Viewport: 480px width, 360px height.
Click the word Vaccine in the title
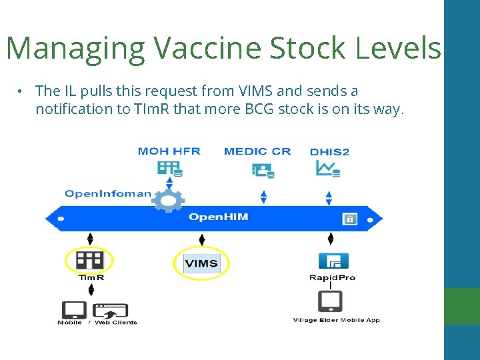click(x=209, y=48)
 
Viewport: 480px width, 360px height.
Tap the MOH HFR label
click(x=169, y=151)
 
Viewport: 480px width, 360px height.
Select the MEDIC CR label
click(x=257, y=151)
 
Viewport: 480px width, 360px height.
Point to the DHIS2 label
click(x=329, y=152)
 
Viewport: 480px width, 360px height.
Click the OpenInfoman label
click(x=108, y=194)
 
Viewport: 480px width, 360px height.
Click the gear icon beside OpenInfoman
click(x=168, y=200)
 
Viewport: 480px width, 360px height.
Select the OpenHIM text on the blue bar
click(x=218, y=217)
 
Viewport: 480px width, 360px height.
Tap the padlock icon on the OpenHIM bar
click(x=349, y=219)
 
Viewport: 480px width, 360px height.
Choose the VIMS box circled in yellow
click(x=201, y=263)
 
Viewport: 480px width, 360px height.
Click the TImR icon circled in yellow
click(x=89, y=259)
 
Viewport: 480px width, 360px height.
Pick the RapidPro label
click(x=332, y=278)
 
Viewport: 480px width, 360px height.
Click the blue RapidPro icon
click(x=333, y=261)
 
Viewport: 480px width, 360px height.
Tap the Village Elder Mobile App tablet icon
click(x=331, y=301)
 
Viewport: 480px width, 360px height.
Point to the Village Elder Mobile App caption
click(x=337, y=321)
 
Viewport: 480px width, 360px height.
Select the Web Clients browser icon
click(x=111, y=311)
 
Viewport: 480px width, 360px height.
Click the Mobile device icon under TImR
click(x=73, y=310)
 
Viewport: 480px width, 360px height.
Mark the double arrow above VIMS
click(x=202, y=240)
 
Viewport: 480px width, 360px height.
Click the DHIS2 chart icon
click(x=328, y=169)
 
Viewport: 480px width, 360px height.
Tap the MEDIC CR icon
click(x=261, y=169)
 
